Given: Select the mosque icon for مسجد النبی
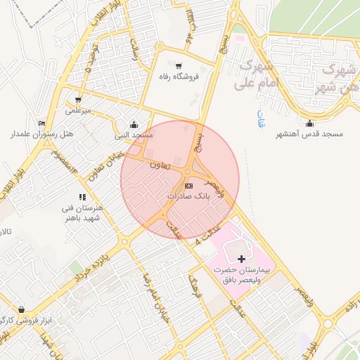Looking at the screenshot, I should [134, 124].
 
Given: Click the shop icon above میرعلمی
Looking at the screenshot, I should [78, 99].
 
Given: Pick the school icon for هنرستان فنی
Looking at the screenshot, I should [82, 198].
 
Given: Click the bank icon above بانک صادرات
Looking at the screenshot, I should [188, 186].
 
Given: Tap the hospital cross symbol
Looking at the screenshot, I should [242, 259].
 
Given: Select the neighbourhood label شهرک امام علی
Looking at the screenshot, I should [260, 75].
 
